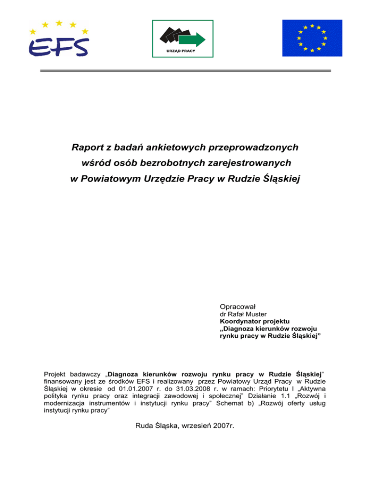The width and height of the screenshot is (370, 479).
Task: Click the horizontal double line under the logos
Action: (x=185, y=71)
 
